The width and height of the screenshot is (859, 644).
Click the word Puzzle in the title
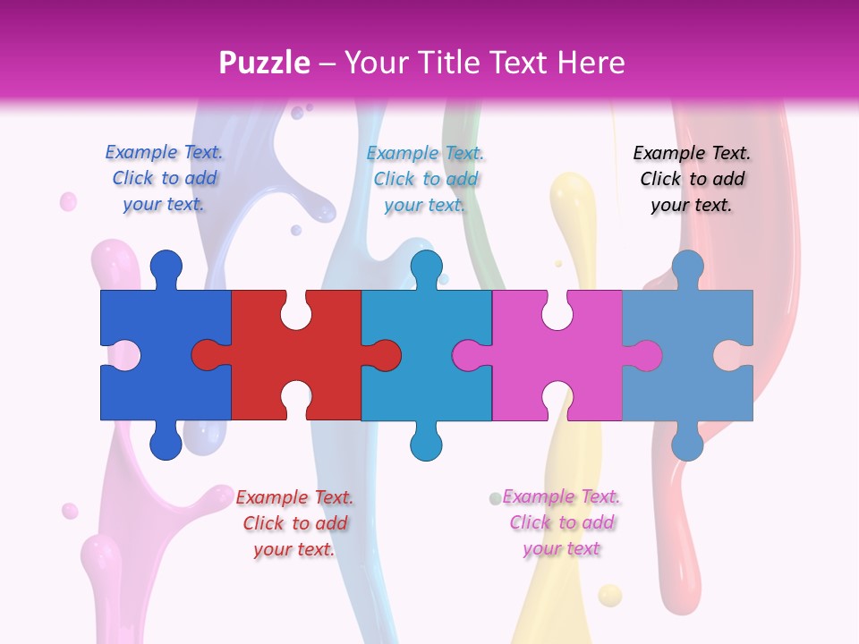[265, 63]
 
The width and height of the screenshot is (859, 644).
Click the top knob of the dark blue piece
[166, 266]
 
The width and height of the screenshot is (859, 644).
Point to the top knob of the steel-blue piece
[687, 266]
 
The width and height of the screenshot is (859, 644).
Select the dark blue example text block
[164, 178]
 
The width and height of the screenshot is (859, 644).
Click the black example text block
[692, 179]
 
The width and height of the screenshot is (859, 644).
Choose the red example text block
[294, 523]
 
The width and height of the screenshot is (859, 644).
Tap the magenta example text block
[561, 522]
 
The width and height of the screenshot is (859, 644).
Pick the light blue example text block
[425, 179]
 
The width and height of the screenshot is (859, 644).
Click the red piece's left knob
[207, 355]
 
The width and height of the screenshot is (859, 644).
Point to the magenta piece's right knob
[646, 355]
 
